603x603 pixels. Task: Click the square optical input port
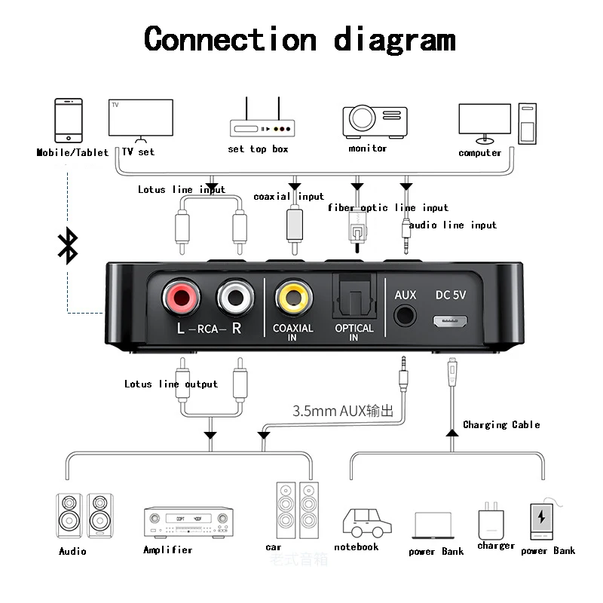coord(354,297)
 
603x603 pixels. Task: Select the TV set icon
coord(140,120)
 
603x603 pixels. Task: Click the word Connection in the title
coord(230,38)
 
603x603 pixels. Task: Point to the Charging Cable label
coord(501,425)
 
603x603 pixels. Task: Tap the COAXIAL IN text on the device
coord(293,332)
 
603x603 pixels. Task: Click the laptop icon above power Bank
coord(433,525)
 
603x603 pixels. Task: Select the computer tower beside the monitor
coord(528,124)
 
